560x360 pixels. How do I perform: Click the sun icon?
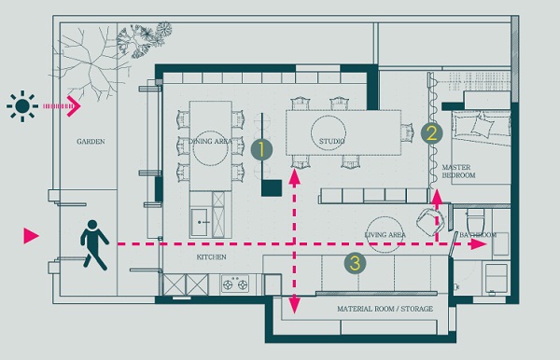click(x=22, y=106)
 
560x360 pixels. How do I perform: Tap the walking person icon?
click(x=94, y=244)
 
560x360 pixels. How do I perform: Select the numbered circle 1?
click(x=261, y=149)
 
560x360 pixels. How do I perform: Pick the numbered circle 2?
click(x=431, y=133)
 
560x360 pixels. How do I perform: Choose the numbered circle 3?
click(x=355, y=263)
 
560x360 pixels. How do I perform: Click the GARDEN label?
click(x=91, y=142)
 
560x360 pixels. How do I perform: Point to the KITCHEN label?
click(x=211, y=256)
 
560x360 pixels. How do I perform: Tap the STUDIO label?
click(x=331, y=141)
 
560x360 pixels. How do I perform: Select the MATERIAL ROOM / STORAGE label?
click(x=385, y=309)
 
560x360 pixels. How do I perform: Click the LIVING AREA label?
click(x=385, y=235)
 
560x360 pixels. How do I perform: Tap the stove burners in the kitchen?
click(x=235, y=284)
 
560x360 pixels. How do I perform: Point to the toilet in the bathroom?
click(x=475, y=220)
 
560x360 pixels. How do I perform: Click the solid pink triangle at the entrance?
click(x=31, y=236)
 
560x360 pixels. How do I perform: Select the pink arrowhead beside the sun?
click(x=74, y=106)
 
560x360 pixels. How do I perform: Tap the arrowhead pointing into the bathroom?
click(x=478, y=244)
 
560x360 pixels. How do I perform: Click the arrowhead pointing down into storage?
click(x=294, y=307)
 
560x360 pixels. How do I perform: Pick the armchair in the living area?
click(x=431, y=221)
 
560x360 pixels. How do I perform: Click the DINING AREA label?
click(x=210, y=141)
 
